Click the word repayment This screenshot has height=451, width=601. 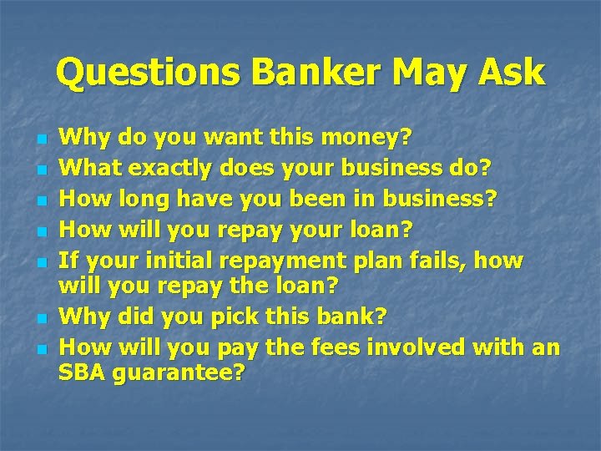point(303,261)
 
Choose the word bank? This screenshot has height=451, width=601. point(344,317)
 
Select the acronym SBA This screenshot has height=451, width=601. point(83,372)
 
